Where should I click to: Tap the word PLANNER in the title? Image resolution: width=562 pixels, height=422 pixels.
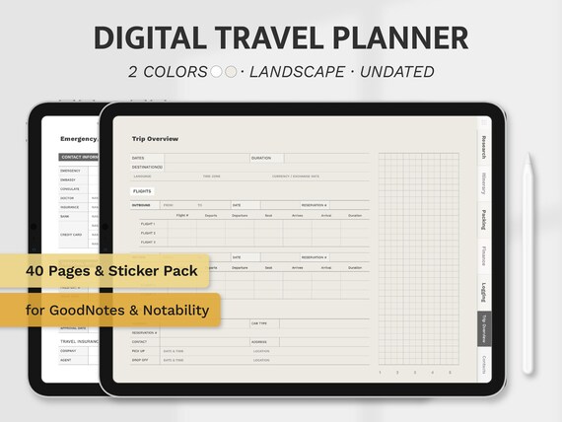click(405, 37)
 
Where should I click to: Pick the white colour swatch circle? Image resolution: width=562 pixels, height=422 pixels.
click(216, 72)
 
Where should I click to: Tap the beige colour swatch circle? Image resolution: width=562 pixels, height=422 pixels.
click(230, 72)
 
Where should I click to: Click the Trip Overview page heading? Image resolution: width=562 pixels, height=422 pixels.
click(155, 139)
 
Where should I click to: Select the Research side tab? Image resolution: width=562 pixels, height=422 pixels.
click(483, 146)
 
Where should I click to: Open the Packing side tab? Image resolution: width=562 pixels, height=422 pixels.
click(483, 219)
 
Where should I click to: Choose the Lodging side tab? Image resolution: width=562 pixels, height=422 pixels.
click(483, 292)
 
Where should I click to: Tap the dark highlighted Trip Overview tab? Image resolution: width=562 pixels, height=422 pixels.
click(483, 328)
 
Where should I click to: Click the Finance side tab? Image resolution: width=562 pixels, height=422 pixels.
click(483, 255)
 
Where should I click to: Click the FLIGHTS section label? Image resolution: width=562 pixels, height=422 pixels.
click(143, 191)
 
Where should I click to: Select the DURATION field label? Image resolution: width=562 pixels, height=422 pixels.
click(261, 158)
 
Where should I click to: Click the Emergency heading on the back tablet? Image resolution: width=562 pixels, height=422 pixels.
click(79, 139)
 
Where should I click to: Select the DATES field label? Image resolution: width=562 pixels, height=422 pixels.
click(138, 158)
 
